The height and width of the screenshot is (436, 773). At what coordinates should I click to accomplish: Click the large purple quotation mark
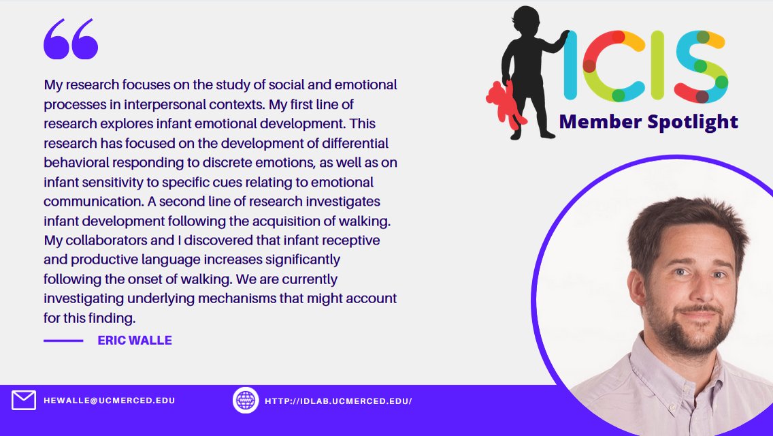tap(71, 39)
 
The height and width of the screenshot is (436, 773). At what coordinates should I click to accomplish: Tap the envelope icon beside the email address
tap(24, 401)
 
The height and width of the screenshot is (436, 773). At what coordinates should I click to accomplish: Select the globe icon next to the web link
tap(246, 401)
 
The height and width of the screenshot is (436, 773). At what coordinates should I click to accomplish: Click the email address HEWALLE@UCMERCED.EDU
tap(110, 401)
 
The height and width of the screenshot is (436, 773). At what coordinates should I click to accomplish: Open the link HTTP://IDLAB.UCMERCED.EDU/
tap(338, 401)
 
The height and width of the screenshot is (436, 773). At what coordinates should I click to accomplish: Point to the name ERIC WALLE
tap(135, 340)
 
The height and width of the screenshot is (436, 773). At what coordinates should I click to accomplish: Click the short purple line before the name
tap(63, 340)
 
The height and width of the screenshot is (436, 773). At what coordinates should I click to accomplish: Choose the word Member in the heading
tap(594, 122)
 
